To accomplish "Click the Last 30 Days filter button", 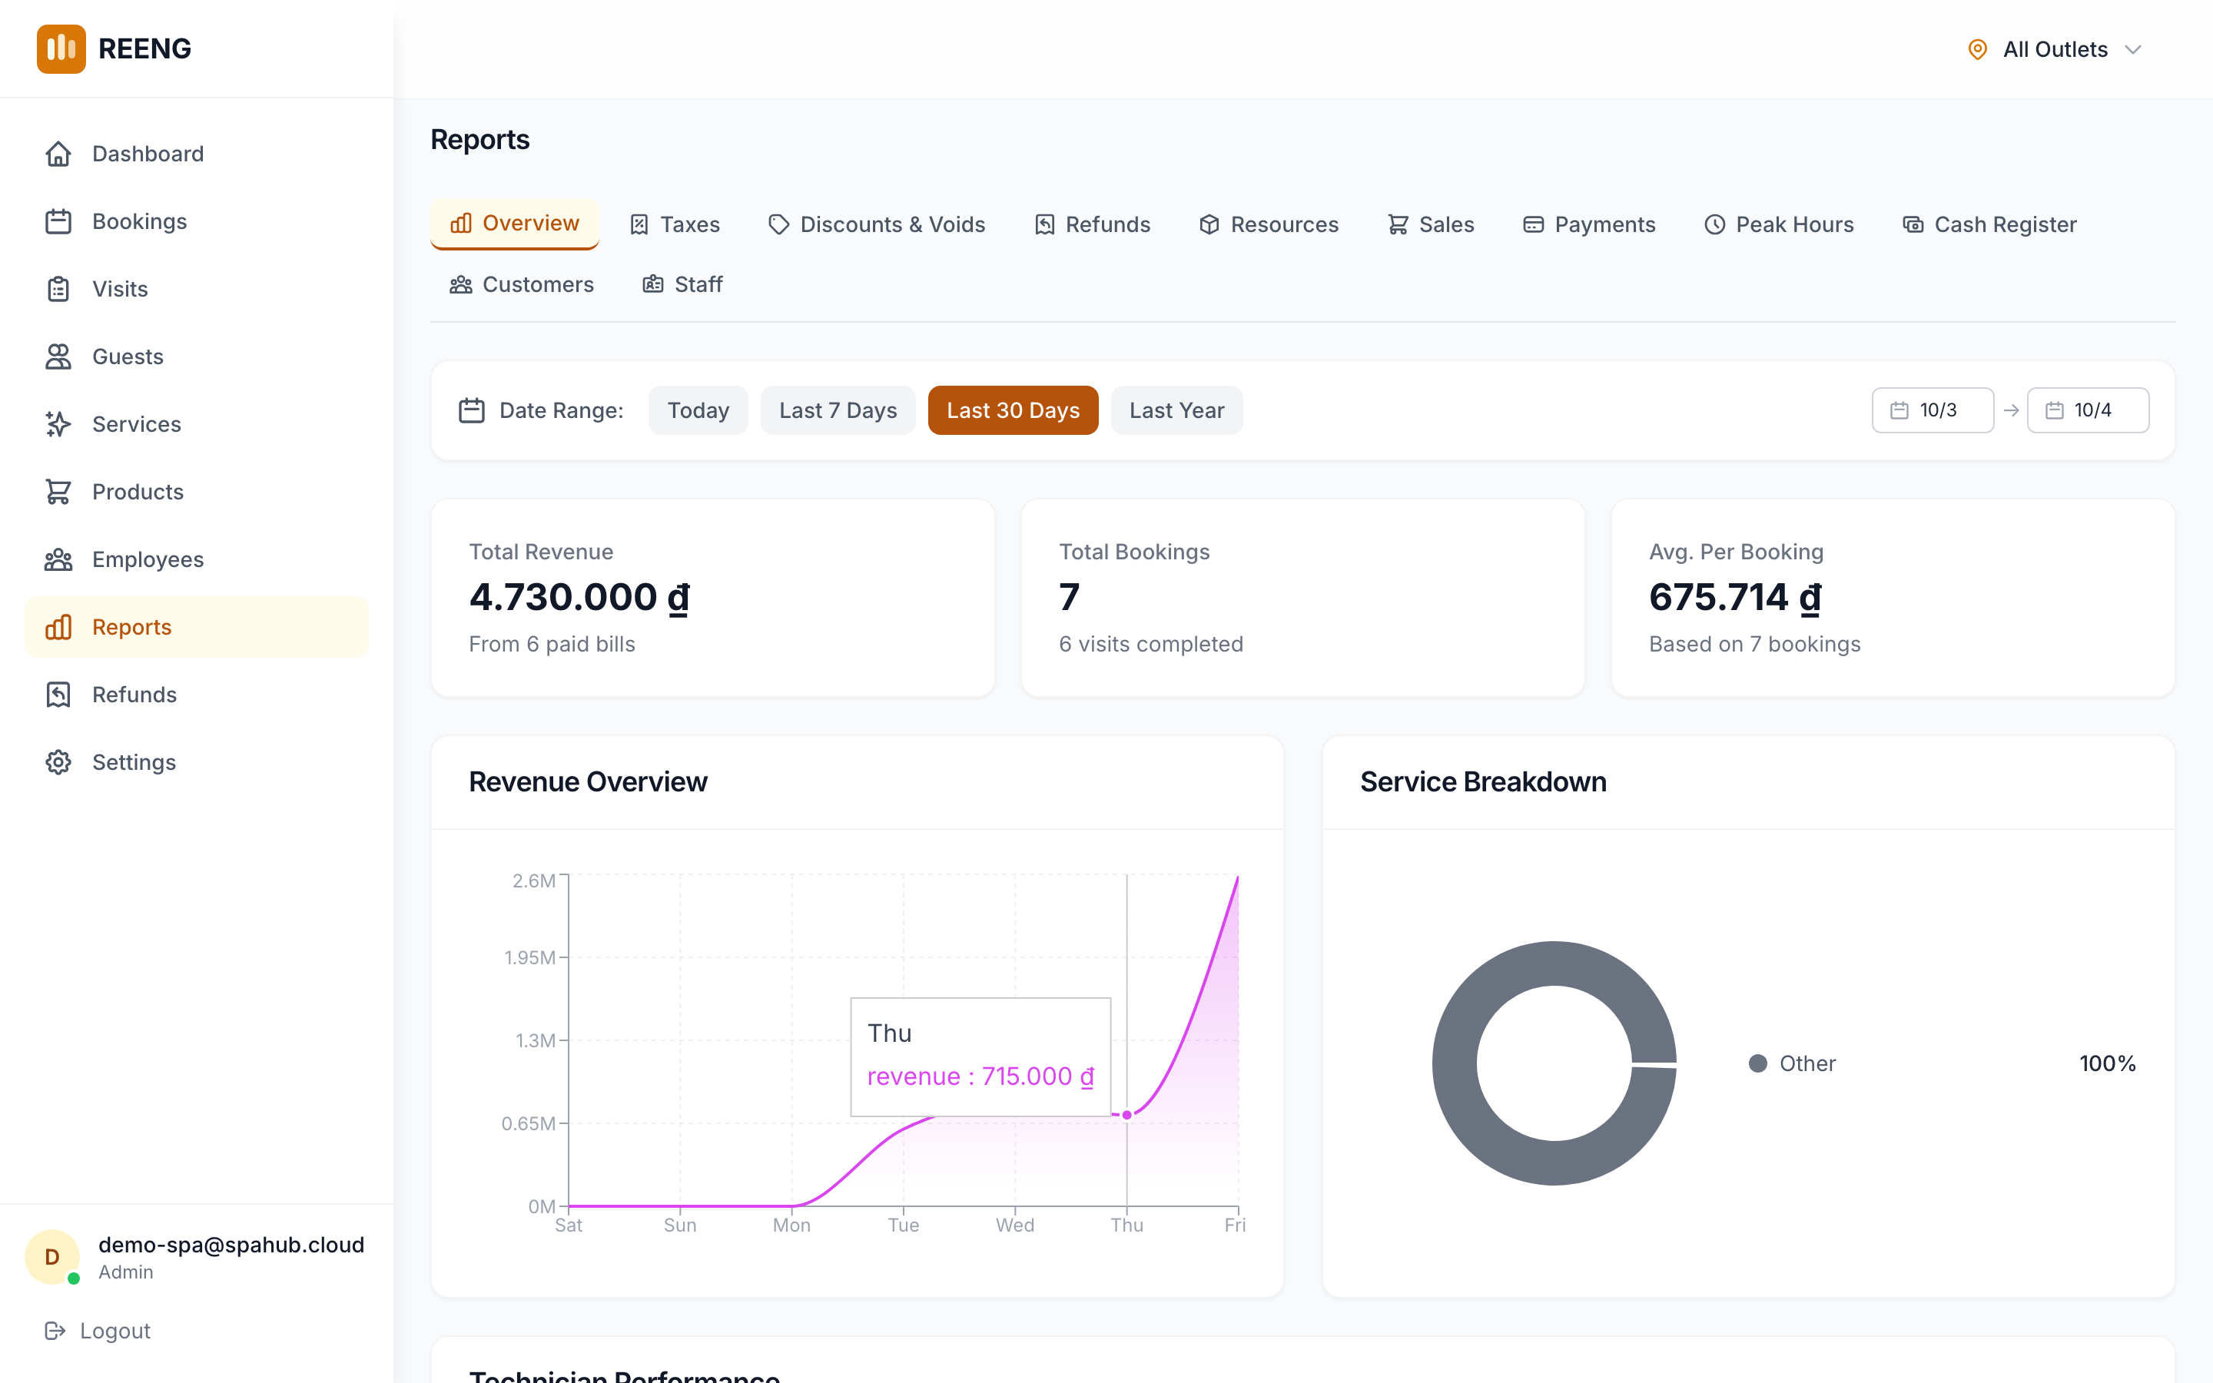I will point(1012,411).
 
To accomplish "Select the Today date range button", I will point(698,411).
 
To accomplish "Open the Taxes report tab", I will point(675,225).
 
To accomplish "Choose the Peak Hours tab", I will point(1779,225).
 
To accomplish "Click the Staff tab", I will point(682,284).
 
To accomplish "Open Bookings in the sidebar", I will point(139,221).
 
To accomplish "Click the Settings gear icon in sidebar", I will point(58,762).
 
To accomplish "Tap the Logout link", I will point(98,1331).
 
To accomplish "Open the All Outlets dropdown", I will point(2054,49).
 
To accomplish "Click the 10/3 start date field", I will point(1933,411).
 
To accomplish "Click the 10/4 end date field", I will point(2087,411).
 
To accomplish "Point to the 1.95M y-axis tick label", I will point(529,957).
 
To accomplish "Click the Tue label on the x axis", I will point(903,1225).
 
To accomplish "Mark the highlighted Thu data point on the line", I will point(1126,1115).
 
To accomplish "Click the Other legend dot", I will point(1757,1064).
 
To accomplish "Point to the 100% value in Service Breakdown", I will point(2107,1064).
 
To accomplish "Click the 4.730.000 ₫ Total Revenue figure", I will point(579,597).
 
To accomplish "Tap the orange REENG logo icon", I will point(61,48).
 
